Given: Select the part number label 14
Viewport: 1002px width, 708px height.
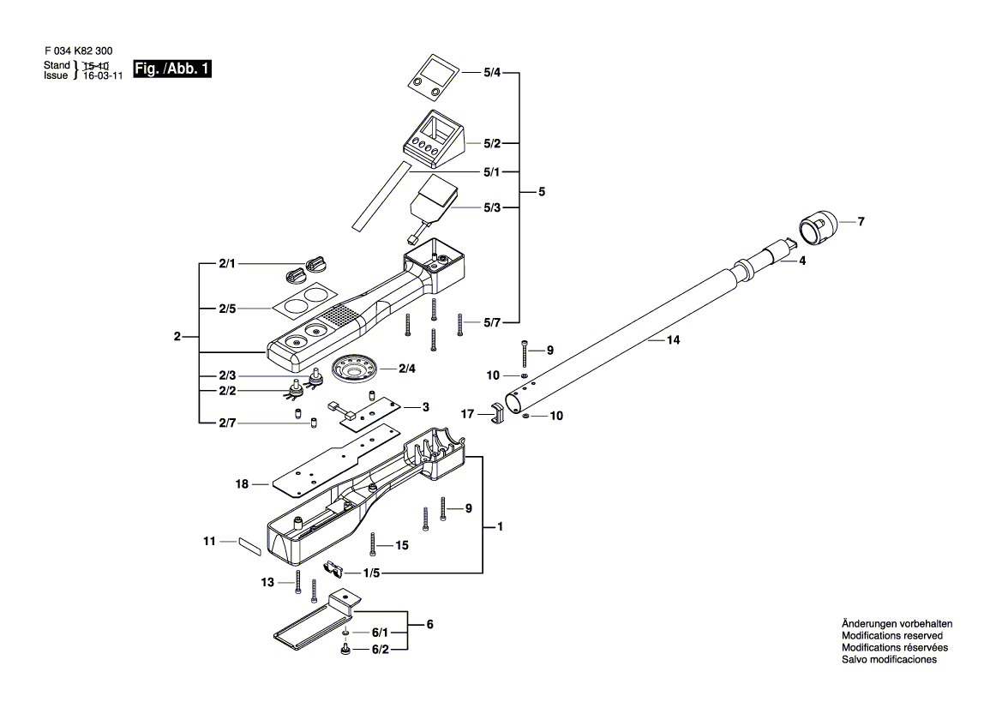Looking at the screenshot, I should point(673,340).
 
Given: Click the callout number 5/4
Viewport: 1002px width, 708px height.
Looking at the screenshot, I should point(491,73).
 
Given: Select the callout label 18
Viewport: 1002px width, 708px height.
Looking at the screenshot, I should point(242,484).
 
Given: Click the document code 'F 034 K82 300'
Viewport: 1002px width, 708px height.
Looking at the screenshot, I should point(78,51).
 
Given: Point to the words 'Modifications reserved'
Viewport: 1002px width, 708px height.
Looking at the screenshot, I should point(892,636).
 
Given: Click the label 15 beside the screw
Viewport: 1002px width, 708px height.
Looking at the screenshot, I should point(401,545).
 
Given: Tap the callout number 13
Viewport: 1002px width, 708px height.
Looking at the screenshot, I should point(267,582).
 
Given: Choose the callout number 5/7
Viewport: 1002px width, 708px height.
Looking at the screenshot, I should point(491,322).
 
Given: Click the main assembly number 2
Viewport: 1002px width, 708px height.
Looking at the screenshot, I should point(177,337).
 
